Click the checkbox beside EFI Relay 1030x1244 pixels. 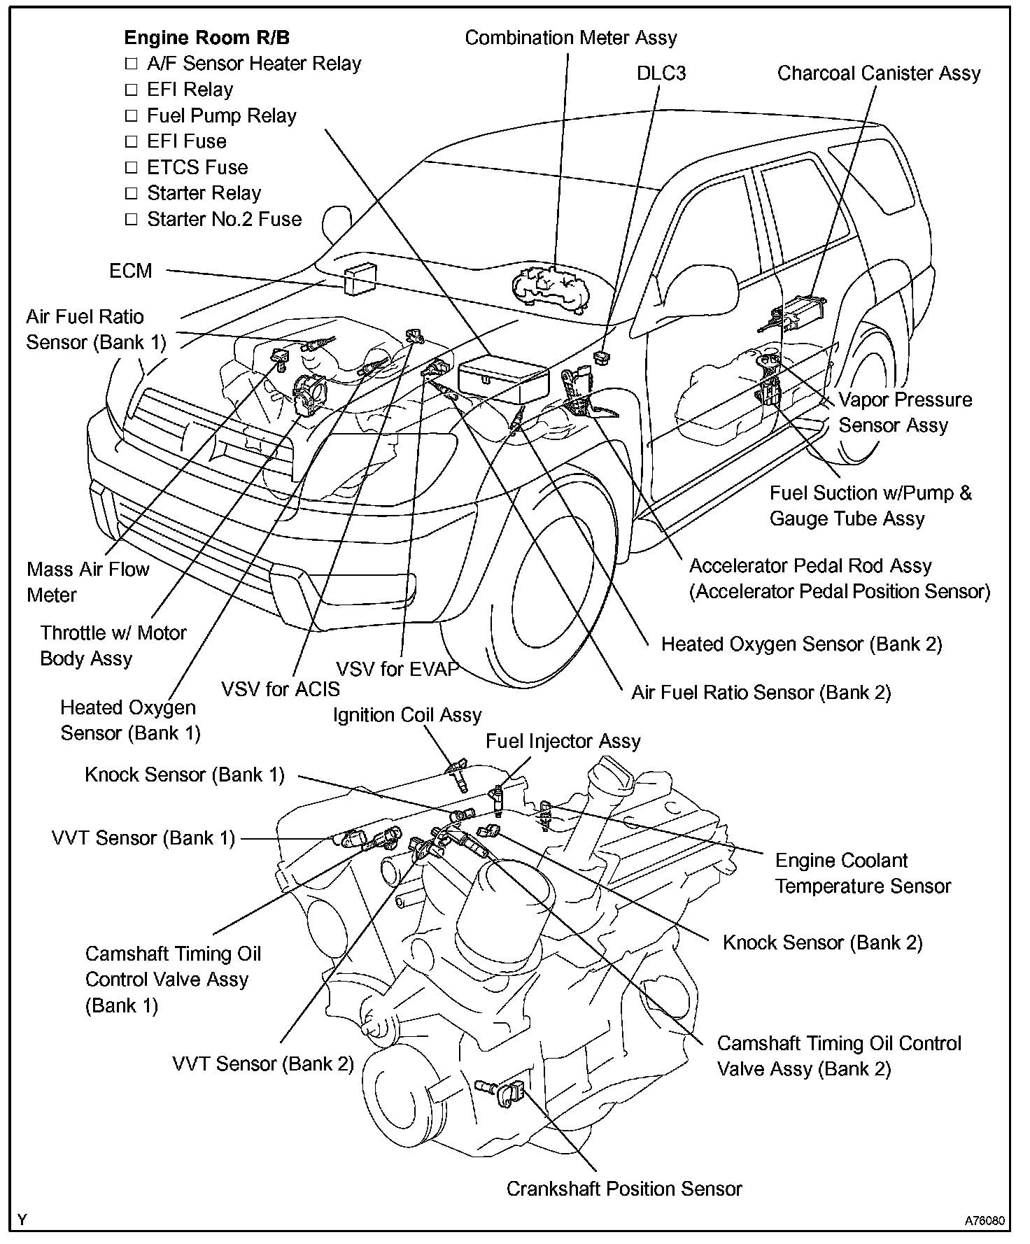pyautogui.click(x=131, y=90)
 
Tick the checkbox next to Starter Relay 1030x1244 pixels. pyautogui.click(x=131, y=193)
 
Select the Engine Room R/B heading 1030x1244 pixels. pyautogui.click(x=206, y=38)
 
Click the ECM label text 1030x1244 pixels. pyautogui.click(x=131, y=271)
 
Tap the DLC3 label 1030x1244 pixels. pyautogui.click(x=661, y=73)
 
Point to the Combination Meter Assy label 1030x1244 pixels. pyautogui.click(x=571, y=38)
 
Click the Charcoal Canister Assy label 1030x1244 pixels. pyautogui.click(x=879, y=73)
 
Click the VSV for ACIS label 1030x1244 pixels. pyautogui.click(x=281, y=689)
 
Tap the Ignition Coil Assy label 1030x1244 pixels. pyautogui.click(x=407, y=715)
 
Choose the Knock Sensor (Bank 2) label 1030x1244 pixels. pyautogui.click(x=823, y=942)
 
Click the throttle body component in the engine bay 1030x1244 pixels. pyautogui.click(x=309, y=395)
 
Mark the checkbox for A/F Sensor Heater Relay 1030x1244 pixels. pyautogui.click(x=131, y=64)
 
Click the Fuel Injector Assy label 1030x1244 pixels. pyautogui.click(x=563, y=741)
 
